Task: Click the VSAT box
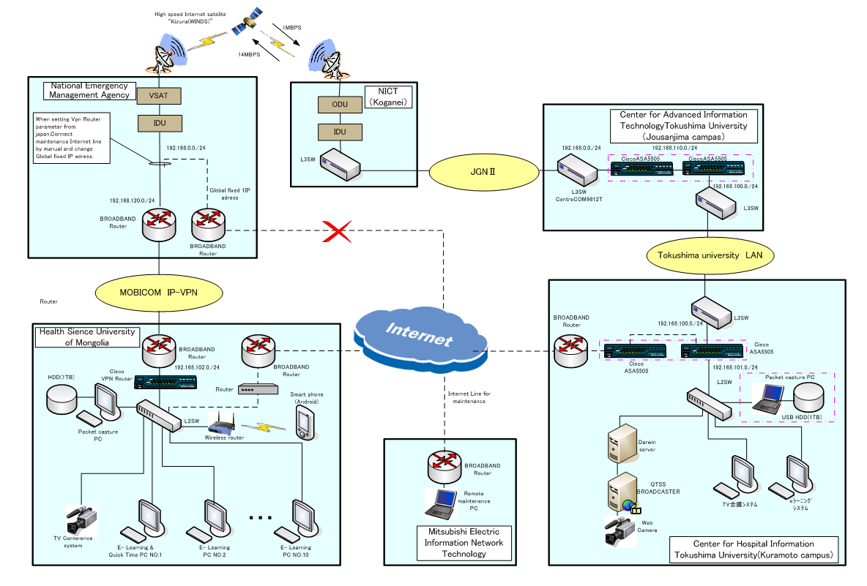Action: [x=159, y=95]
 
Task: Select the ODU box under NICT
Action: [x=340, y=105]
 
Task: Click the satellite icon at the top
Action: [x=247, y=23]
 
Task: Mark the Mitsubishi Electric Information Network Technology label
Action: [x=464, y=543]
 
